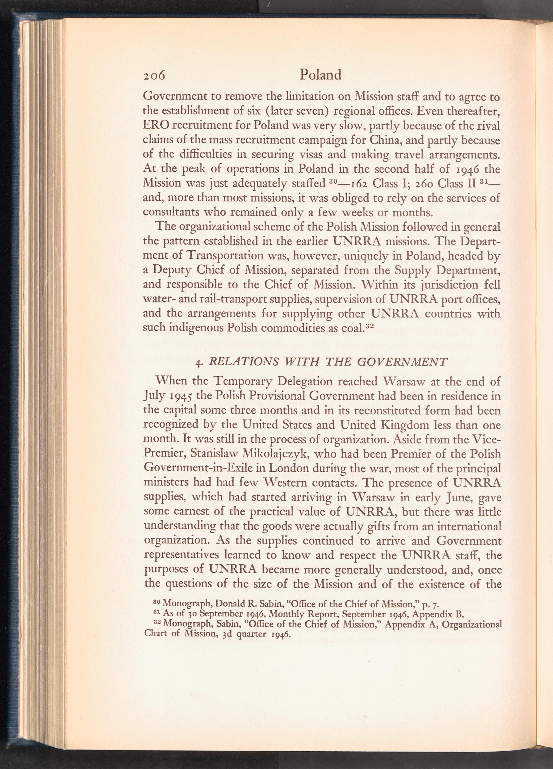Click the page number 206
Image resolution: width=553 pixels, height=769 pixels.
coord(154,75)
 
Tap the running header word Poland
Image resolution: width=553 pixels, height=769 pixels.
coord(320,75)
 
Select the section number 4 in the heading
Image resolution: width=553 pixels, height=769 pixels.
coord(199,363)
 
